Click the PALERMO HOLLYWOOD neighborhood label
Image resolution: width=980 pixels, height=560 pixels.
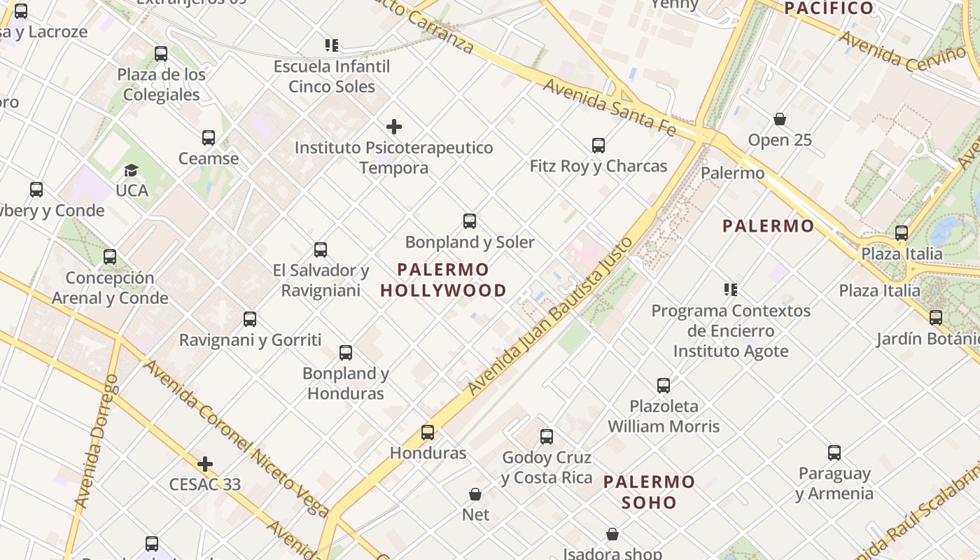[444, 280]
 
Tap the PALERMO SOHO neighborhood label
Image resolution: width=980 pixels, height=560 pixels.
[649, 492]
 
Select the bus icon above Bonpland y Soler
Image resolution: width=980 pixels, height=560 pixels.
[470, 221]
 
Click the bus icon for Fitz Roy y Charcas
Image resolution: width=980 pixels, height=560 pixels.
[598, 146]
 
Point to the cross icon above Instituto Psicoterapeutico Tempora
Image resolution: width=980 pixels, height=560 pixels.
[394, 127]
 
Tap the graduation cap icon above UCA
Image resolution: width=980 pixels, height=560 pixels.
[131, 171]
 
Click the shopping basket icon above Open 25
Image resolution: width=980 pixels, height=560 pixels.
[780, 120]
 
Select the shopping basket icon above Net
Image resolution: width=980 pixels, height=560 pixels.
[475, 494]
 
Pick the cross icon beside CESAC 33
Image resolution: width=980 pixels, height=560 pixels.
[205, 464]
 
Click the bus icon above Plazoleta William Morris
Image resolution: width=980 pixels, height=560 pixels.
[664, 385]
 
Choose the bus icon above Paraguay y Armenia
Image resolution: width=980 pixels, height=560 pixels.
[834, 453]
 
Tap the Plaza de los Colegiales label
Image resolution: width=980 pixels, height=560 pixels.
[162, 85]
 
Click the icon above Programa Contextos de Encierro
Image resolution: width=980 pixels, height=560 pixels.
[731, 290]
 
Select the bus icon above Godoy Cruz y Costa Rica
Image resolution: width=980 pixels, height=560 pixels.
[547, 437]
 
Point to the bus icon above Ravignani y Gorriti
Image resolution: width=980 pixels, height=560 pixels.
[250, 319]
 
